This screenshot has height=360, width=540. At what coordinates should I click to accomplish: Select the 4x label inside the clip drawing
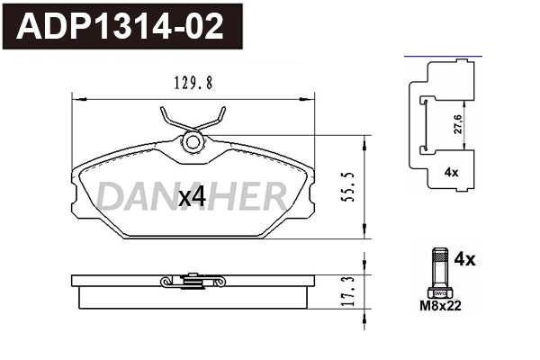451,172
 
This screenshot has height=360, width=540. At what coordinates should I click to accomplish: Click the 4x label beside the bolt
464,260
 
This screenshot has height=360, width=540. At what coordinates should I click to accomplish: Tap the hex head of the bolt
439,290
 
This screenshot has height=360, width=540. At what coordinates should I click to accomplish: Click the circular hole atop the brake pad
192,140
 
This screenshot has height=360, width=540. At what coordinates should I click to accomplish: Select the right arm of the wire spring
216,118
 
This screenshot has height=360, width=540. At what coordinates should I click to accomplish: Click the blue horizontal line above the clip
440,56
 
